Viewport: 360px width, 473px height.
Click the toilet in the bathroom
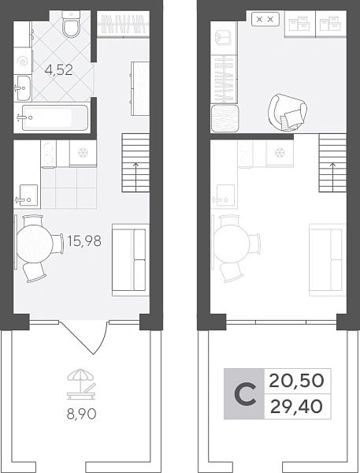click(x=71, y=24)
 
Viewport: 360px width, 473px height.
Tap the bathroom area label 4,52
click(x=58, y=70)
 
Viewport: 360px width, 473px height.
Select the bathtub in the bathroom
click(x=52, y=117)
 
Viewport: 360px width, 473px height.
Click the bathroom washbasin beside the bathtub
click(x=24, y=88)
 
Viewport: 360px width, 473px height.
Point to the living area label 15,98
click(x=84, y=240)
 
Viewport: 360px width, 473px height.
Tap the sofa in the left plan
click(x=131, y=259)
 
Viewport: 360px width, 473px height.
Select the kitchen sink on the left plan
click(x=28, y=196)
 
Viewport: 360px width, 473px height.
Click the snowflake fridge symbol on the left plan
click(x=82, y=153)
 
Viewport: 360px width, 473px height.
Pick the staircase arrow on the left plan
click(x=135, y=177)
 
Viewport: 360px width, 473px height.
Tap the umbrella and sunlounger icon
click(x=81, y=385)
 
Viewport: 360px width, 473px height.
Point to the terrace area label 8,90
click(x=81, y=414)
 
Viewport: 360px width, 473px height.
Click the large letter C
click(x=245, y=394)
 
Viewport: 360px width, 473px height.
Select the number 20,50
click(x=296, y=381)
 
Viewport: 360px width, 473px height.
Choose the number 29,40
click(x=296, y=407)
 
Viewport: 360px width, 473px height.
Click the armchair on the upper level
click(x=288, y=112)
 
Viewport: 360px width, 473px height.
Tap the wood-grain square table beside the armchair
click(x=225, y=118)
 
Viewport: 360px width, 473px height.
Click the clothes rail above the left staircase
click(x=124, y=24)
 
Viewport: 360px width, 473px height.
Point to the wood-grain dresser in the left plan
click(x=140, y=88)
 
